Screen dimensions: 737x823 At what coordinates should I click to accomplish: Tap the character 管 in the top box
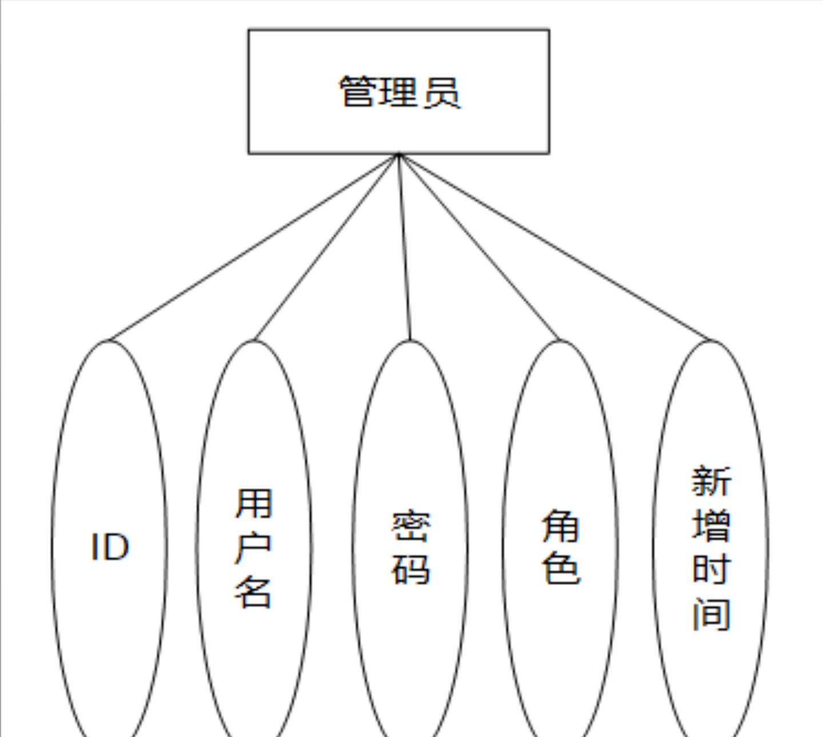pos(358,92)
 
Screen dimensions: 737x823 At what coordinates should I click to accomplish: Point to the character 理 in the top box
pos(399,92)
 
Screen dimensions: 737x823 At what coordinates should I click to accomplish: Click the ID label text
pos(110,547)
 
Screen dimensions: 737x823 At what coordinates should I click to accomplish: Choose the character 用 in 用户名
pos(253,503)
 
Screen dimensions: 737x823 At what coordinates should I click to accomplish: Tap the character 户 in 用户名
pos(253,547)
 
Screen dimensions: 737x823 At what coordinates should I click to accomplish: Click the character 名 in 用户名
pos(253,591)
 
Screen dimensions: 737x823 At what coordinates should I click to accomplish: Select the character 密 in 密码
pos(410,526)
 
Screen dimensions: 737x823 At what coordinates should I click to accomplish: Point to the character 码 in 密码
pos(410,569)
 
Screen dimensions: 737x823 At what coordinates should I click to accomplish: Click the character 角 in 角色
pos(561,526)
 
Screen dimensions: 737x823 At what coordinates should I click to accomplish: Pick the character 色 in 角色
pos(561,569)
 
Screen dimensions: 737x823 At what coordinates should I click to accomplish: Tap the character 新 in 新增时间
pos(711,481)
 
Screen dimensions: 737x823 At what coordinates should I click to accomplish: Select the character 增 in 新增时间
pos(711,525)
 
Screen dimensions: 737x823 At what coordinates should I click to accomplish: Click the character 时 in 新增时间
pos(711,569)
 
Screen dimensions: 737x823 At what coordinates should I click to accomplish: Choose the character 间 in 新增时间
pos(711,613)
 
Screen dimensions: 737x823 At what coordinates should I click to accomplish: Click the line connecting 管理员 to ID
pos(253,247)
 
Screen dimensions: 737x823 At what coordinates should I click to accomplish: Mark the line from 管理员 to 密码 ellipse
pos(405,247)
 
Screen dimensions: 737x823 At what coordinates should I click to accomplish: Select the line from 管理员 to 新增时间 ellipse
pos(554,247)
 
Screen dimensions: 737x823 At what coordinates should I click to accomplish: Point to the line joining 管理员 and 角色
pos(479,247)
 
